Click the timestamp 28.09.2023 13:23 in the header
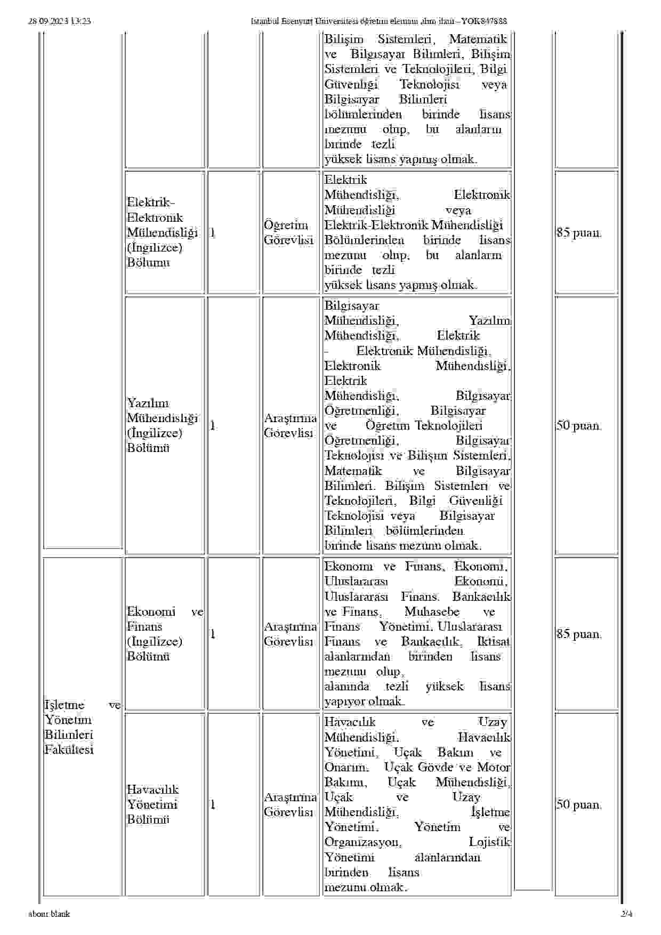(59, 21)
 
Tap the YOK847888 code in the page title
(483, 21)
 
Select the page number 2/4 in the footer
(626, 914)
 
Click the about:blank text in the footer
(49, 914)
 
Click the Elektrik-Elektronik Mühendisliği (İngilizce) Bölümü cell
(162, 232)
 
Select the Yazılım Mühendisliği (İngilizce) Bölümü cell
(162, 425)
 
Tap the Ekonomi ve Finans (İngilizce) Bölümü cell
(165, 634)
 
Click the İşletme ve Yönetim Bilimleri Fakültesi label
(82, 727)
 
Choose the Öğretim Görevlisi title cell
(288, 232)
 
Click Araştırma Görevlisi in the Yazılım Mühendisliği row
(290, 425)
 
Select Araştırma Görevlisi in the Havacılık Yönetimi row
(290, 804)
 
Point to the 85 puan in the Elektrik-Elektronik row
(579, 232)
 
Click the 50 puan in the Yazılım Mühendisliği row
(579, 425)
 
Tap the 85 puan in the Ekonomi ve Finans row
(579, 634)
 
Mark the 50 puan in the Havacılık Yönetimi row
(579, 804)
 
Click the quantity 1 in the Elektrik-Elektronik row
(213, 232)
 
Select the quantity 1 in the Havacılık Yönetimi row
(213, 804)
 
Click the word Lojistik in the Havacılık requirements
(489, 842)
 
